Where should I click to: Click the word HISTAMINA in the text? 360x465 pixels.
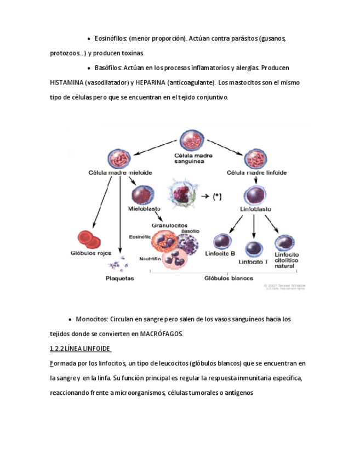click(x=66, y=82)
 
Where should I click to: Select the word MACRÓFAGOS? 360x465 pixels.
click(x=161, y=333)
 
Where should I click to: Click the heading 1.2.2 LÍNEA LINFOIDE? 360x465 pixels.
click(x=80, y=349)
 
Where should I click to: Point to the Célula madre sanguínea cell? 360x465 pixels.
click(x=191, y=140)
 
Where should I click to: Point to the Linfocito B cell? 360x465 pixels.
click(x=221, y=241)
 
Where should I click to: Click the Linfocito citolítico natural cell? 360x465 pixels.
click(x=285, y=243)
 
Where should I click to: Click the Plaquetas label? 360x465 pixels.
click(x=119, y=278)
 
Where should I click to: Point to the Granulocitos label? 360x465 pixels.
click(x=169, y=225)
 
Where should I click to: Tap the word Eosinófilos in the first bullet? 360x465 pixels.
click(x=111, y=39)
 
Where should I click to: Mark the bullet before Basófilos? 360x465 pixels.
click(x=89, y=68)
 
